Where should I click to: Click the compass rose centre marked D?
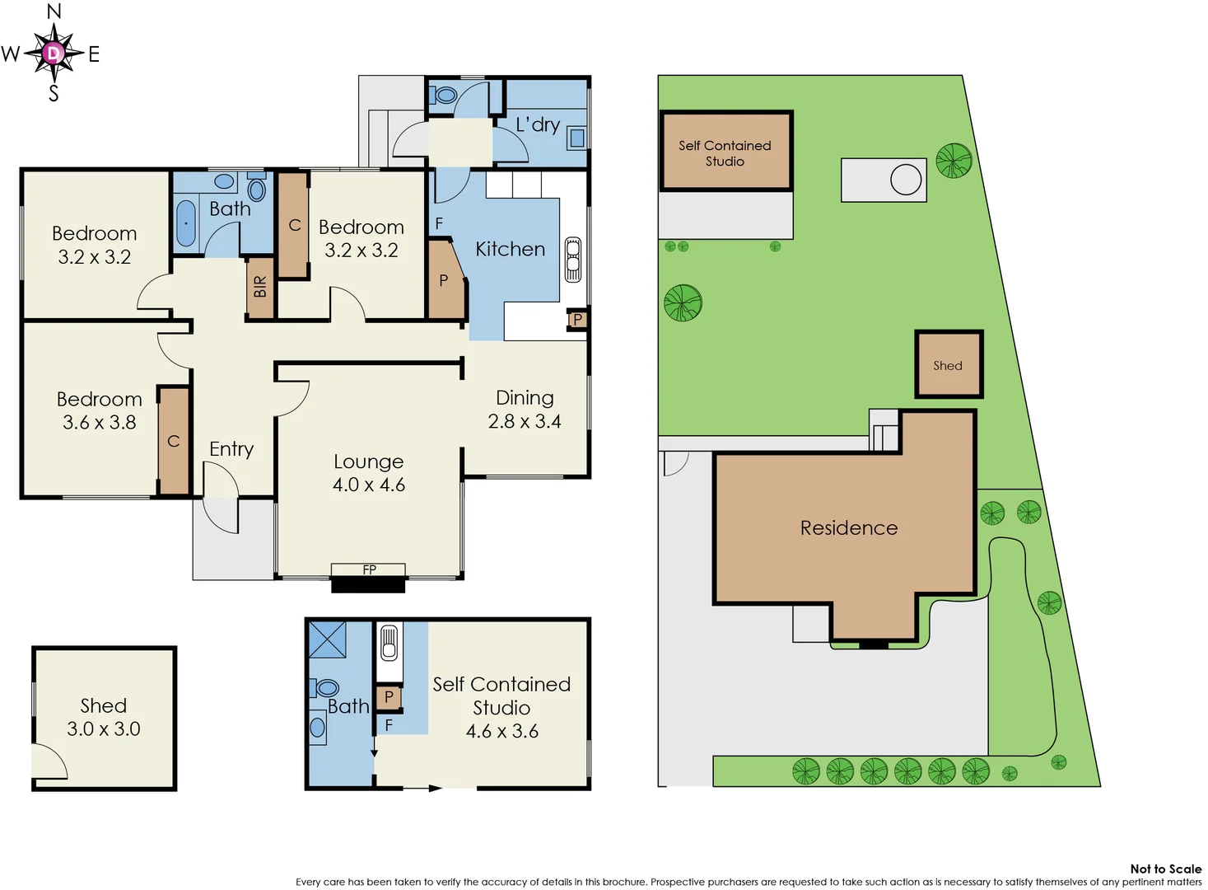coord(54,54)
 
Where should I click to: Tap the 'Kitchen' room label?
coord(510,249)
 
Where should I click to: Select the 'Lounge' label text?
coord(368,461)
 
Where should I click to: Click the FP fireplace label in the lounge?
coord(369,569)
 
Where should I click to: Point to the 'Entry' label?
coord(231,449)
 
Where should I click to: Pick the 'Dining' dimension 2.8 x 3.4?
coord(525,421)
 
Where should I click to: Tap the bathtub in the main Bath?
coord(186,222)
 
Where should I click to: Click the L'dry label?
coord(538,124)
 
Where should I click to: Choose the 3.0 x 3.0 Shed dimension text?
coord(104,729)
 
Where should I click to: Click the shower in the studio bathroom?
coord(327,639)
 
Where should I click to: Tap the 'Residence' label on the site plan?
coord(849,527)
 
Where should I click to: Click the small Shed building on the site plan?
coord(949,365)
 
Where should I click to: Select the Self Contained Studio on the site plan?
coord(725,152)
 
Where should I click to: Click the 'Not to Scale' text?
coord(1165,869)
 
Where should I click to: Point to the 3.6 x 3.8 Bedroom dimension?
coord(100,423)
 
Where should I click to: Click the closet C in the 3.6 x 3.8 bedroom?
coord(174,442)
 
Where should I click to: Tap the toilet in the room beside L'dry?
coord(445,95)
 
